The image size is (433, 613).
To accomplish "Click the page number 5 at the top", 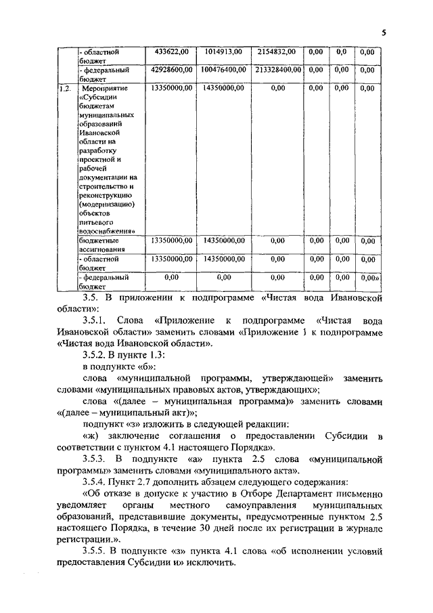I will pos(383,32).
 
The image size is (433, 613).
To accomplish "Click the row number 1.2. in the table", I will pos(64,88).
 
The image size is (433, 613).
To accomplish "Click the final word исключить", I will pos(208,563).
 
